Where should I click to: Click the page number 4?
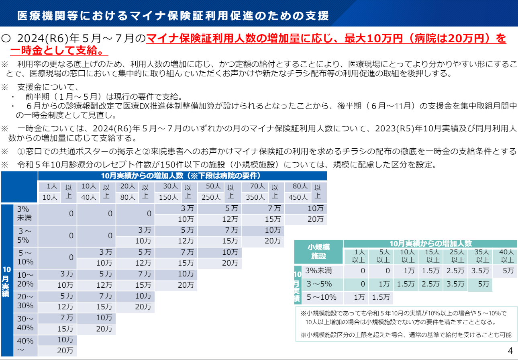tap(510, 350)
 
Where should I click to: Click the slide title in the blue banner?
tap(173, 15)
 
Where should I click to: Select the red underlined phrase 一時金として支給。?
tap(59, 51)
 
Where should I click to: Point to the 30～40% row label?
tap(25, 323)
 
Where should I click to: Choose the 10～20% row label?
tap(25, 279)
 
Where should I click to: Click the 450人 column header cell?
tap(298, 197)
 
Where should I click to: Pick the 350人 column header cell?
tap(255, 197)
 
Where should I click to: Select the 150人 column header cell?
tap(168, 197)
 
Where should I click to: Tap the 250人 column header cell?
tap(211, 197)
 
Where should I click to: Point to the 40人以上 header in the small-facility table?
tap(506, 256)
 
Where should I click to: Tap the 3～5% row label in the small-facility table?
tap(319, 284)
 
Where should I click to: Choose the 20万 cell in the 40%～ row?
tap(65, 350)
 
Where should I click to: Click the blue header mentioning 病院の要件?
tap(183, 176)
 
